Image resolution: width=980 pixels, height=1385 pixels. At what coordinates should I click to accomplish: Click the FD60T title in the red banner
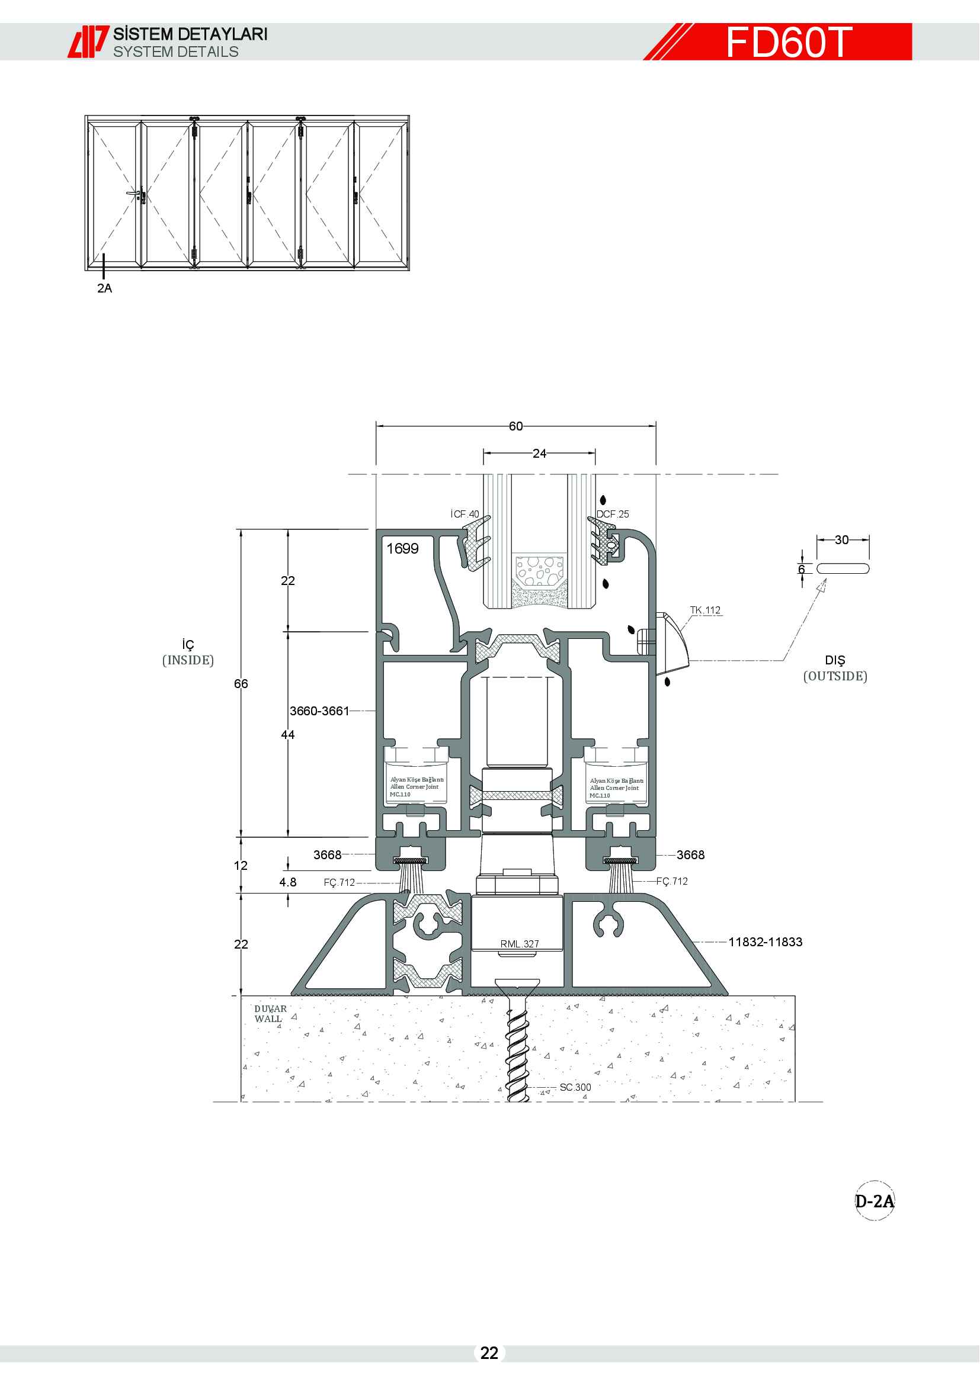(789, 42)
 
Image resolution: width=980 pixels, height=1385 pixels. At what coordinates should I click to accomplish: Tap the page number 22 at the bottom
(489, 1353)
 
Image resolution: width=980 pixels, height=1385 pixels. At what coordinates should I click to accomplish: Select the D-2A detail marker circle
(875, 1200)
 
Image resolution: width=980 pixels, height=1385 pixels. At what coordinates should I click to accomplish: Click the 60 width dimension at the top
(516, 426)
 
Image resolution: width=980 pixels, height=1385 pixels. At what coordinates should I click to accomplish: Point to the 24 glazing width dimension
(540, 453)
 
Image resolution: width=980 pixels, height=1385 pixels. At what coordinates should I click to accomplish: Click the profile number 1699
(402, 548)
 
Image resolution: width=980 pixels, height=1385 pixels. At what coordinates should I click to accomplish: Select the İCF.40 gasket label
(465, 514)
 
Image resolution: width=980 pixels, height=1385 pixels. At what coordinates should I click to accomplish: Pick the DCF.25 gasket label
(613, 514)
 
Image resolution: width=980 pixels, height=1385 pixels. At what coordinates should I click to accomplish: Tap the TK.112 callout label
(706, 610)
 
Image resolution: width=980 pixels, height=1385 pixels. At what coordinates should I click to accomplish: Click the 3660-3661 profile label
(319, 711)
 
